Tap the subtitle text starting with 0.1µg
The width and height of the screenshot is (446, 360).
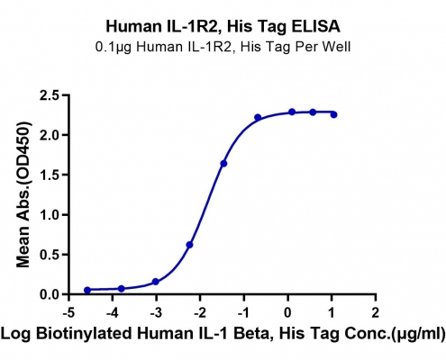223,47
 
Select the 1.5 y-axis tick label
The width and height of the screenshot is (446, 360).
50,175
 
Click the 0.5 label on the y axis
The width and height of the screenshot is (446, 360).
50,255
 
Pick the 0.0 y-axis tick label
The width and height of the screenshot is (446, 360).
50,294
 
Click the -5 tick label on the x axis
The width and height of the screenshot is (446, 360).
68,313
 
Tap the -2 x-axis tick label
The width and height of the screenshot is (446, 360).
200,313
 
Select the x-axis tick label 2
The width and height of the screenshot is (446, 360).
375,313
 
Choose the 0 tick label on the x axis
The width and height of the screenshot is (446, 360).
287,313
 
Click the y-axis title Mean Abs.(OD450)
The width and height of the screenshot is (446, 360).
24,194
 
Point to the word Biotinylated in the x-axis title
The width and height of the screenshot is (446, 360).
84,334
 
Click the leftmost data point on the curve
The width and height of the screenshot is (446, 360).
87,290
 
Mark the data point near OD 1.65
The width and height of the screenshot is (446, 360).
223,164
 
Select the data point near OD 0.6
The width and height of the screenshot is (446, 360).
189,245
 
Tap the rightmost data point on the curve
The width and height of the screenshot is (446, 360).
333,114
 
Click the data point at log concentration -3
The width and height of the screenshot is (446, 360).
156,282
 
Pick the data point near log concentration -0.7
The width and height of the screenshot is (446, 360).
258,117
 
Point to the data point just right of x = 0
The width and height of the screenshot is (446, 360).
292,112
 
